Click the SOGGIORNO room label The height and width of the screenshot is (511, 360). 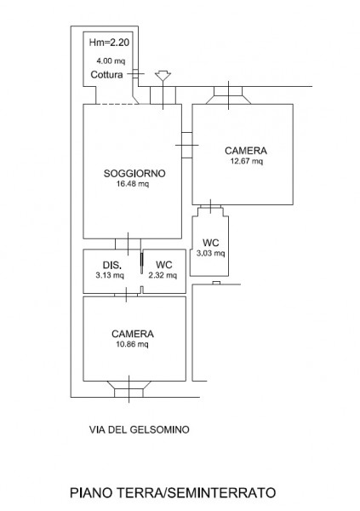click(x=134, y=174)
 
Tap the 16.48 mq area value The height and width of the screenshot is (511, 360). click(x=133, y=184)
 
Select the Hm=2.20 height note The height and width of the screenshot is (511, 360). click(x=109, y=43)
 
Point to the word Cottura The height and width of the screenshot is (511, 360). click(x=106, y=75)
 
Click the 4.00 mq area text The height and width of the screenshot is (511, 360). click(x=111, y=60)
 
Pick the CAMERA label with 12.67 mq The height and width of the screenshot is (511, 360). click(x=246, y=151)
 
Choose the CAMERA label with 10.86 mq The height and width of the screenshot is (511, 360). click(x=133, y=334)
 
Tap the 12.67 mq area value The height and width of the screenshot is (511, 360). click(x=247, y=161)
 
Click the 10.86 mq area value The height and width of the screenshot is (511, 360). click(x=132, y=344)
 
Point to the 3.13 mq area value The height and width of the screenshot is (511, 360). click(x=110, y=275)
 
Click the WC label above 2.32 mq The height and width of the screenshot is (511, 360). click(x=164, y=265)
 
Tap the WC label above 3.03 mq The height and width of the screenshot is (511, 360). click(x=210, y=243)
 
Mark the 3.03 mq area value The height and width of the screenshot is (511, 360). click(x=210, y=253)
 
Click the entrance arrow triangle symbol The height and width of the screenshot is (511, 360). click(x=163, y=76)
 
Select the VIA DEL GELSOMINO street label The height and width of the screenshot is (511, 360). click(x=139, y=429)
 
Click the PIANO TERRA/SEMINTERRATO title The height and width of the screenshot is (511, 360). click(x=173, y=493)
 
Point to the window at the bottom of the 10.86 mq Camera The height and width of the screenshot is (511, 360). click(x=129, y=389)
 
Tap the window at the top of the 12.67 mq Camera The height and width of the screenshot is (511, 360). click(x=228, y=95)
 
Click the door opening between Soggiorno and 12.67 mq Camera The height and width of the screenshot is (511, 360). click(x=187, y=145)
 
